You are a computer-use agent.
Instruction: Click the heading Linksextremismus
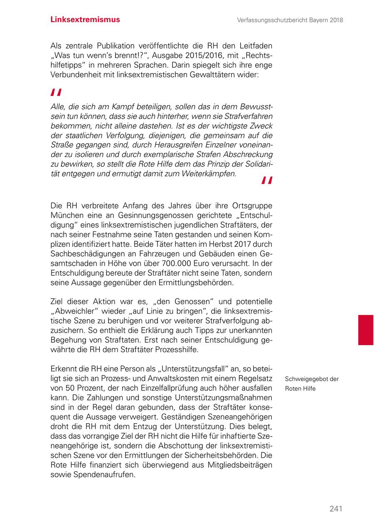[x=85, y=20]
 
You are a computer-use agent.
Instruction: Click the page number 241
[x=336, y=509]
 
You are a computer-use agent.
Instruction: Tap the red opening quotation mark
[x=57, y=92]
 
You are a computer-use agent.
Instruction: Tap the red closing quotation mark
[x=267, y=180]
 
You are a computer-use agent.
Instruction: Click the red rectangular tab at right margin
[x=365, y=330]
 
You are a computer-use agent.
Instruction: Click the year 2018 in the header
[x=335, y=20]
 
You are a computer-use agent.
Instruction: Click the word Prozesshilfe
[x=179, y=350]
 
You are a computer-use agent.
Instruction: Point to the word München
[x=65, y=216]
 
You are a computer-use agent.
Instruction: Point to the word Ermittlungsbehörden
[x=198, y=283]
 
